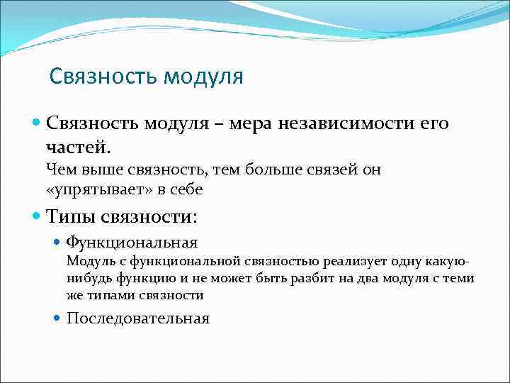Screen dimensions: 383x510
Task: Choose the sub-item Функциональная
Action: coord(132,243)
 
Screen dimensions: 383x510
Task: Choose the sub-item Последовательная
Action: coord(138,318)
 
